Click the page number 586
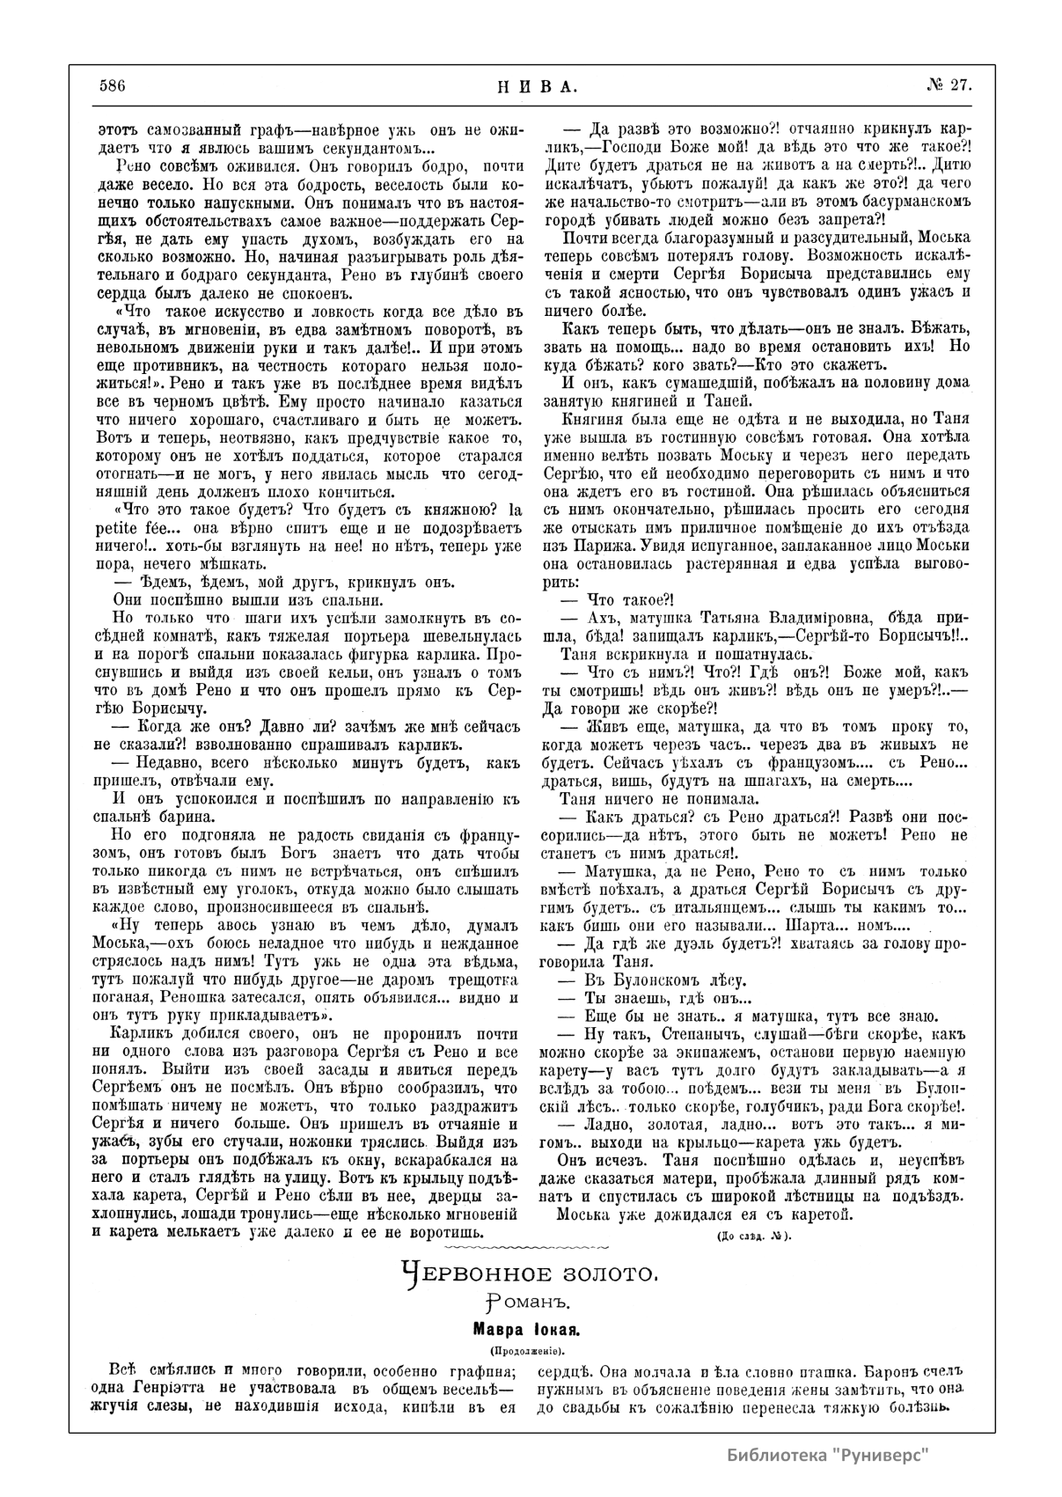tap(114, 85)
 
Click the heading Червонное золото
tap(529, 1273)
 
